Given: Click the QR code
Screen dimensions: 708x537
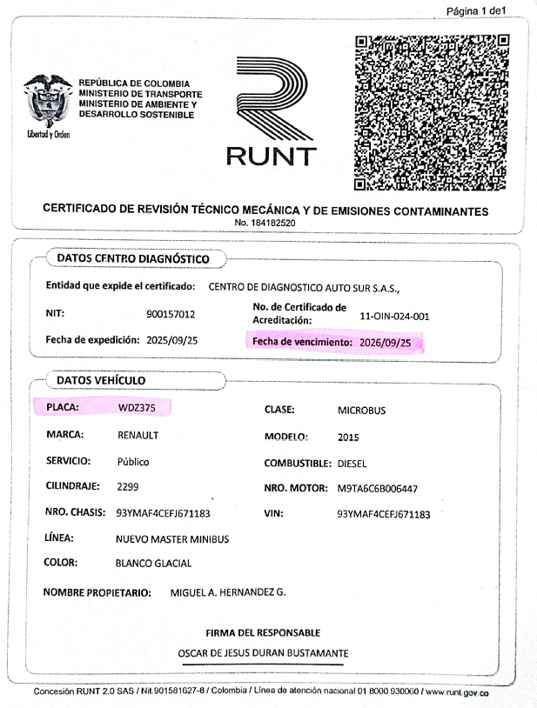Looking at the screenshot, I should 432,112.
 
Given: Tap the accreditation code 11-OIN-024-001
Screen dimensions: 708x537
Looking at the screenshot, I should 394,317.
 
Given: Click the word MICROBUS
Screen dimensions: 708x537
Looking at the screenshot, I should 361,410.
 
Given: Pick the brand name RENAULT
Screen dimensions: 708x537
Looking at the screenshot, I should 138,436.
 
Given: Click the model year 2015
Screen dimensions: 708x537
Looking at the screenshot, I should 347,437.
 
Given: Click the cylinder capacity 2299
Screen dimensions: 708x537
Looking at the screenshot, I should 127,488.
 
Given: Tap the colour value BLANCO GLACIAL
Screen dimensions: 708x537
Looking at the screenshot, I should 153,564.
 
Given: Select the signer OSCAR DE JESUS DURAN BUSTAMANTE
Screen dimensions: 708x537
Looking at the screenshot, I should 263,652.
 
